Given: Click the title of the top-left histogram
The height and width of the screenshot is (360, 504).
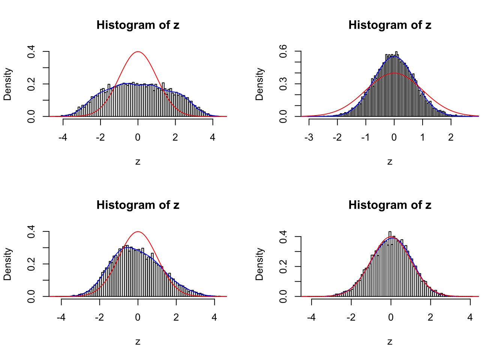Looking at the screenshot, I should click(138, 25).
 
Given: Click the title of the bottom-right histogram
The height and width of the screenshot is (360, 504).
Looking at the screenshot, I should click(390, 205).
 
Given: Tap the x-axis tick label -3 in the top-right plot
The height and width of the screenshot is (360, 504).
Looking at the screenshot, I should click(309, 138).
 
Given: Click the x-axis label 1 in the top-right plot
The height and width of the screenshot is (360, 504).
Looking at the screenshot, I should click(423, 138).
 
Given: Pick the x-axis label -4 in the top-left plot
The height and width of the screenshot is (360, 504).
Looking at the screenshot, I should click(63, 138).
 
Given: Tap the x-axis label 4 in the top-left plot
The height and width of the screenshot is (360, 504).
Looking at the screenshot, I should click(213, 138).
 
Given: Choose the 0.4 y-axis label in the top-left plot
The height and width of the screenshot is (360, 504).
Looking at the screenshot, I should click(31, 51).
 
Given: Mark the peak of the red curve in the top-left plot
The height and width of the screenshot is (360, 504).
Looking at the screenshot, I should click(138, 52).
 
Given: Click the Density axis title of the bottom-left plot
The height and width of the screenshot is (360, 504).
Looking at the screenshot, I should click(7, 264).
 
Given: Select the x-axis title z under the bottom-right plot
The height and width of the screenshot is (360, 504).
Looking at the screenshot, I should click(390, 342).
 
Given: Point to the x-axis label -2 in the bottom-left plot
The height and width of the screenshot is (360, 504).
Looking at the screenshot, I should click(99, 318).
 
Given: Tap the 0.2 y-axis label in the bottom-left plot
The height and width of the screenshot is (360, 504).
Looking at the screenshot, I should click(31, 264).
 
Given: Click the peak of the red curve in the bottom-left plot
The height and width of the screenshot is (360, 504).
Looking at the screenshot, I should click(138, 232).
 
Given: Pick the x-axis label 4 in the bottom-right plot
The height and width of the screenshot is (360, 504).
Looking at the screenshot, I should click(470, 318).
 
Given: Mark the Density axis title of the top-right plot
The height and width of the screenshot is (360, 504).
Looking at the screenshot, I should click(259, 84).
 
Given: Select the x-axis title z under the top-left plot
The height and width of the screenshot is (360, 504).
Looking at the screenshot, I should click(138, 162).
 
